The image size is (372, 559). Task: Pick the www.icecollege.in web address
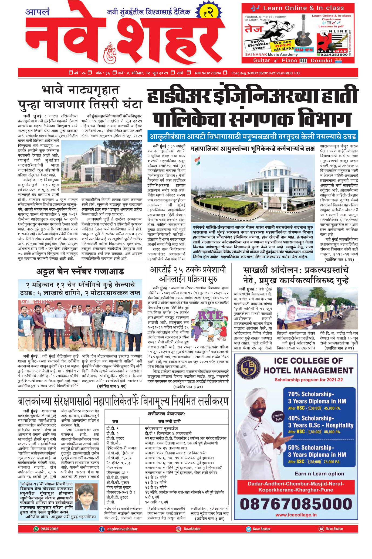296,515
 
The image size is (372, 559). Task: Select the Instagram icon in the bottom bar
178,529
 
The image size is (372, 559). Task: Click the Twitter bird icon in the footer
248,529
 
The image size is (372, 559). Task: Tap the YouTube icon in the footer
321,529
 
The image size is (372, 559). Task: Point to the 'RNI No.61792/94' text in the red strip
208,73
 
